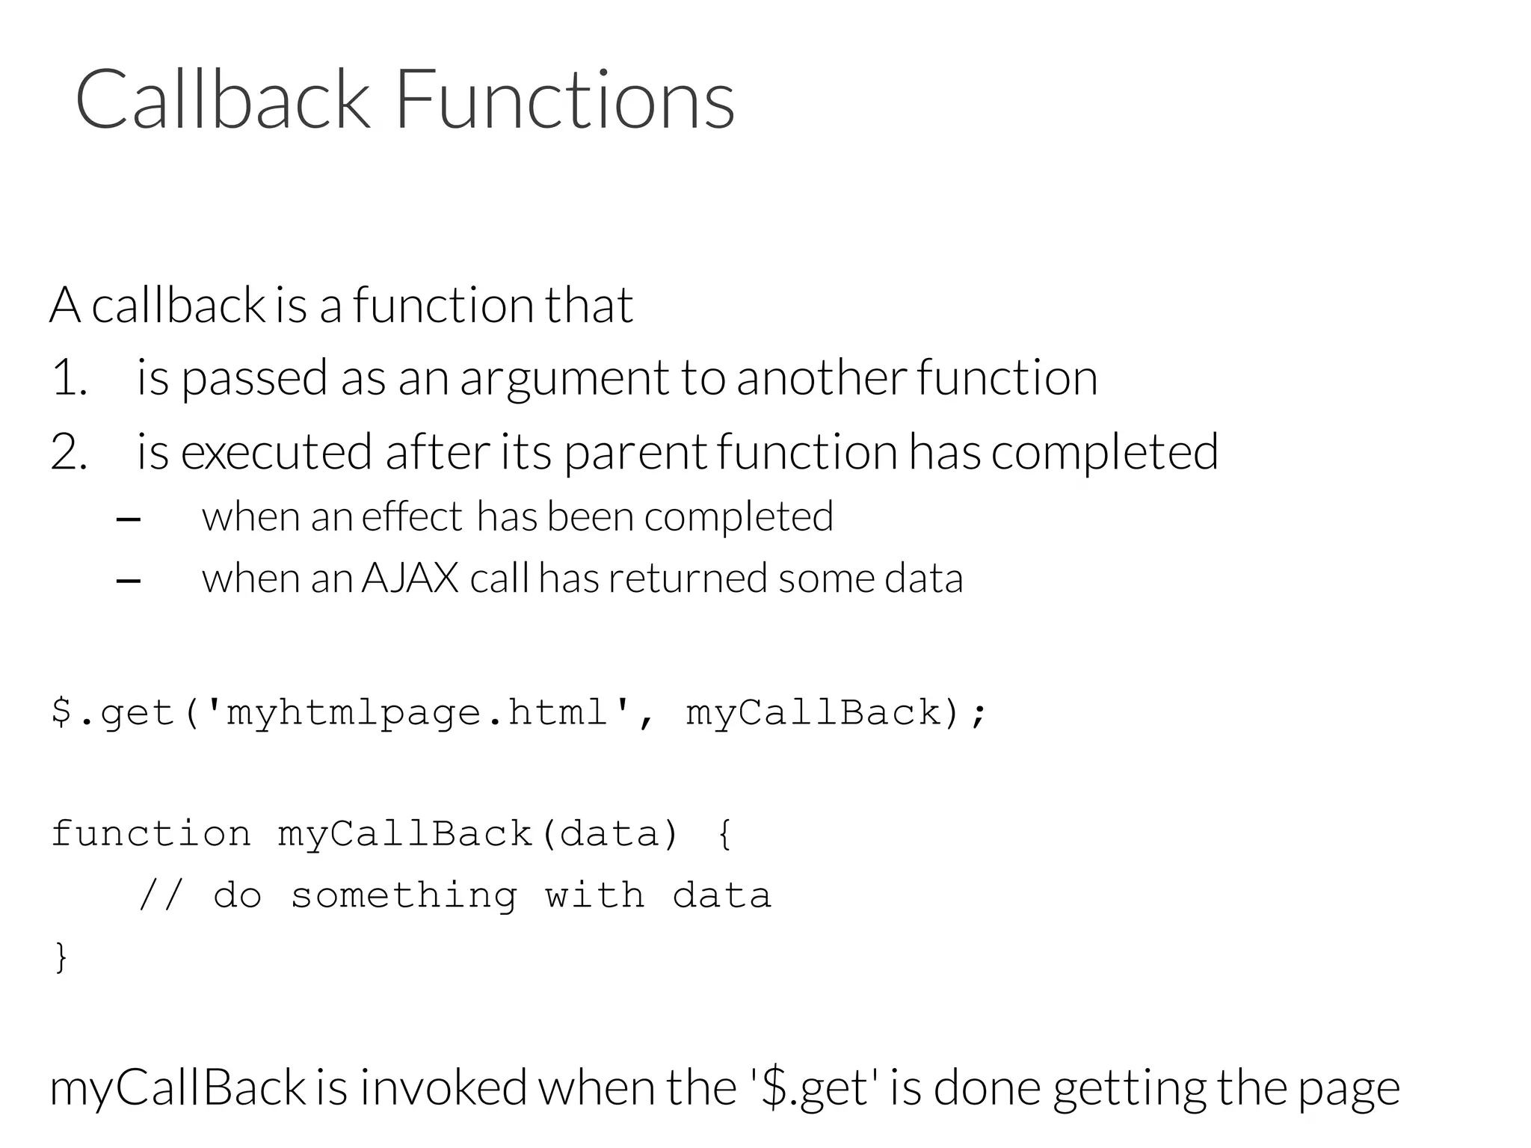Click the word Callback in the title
(x=223, y=99)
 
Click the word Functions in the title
(x=564, y=99)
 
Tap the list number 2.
(x=69, y=452)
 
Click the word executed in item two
(x=276, y=452)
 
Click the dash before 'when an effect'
(x=129, y=519)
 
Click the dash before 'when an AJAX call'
(x=129, y=581)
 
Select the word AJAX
(x=410, y=578)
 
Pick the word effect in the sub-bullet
(x=412, y=516)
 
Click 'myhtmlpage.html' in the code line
(x=417, y=712)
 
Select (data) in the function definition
(x=609, y=833)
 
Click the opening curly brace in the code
(x=724, y=834)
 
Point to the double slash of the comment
(x=161, y=895)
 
